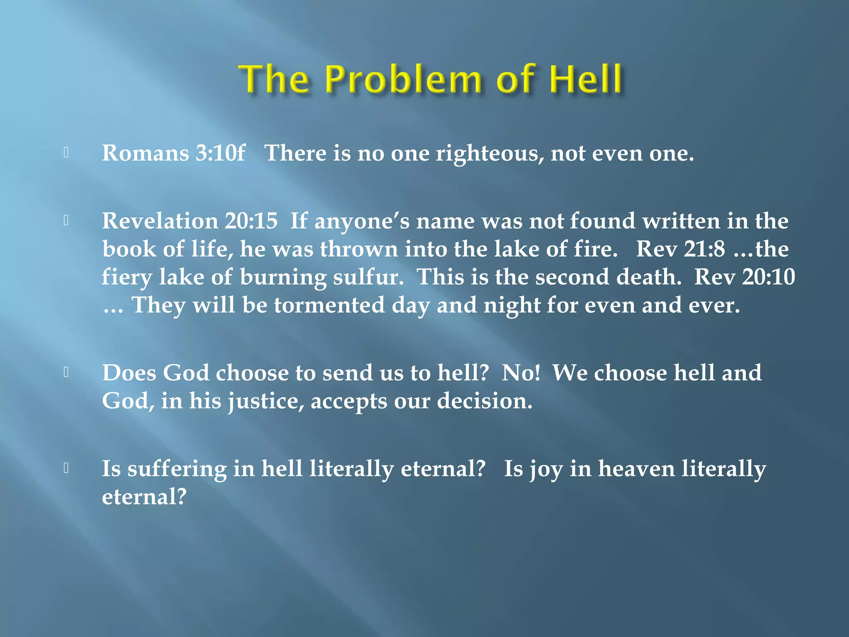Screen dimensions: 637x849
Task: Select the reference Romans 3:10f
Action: pos(173,153)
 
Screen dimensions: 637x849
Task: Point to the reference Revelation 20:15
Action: pos(189,221)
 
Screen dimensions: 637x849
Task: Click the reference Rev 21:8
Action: pos(680,249)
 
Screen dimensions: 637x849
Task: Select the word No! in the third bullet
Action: pos(521,372)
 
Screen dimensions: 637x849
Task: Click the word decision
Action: pos(485,401)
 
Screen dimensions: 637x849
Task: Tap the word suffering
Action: pos(177,469)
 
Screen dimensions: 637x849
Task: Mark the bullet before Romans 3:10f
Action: pos(66,153)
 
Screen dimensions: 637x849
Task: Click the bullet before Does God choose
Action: pos(66,372)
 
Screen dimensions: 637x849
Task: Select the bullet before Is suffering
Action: pos(66,468)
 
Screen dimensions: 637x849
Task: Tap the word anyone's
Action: pos(362,221)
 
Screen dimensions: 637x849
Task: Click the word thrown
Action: pos(359,249)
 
